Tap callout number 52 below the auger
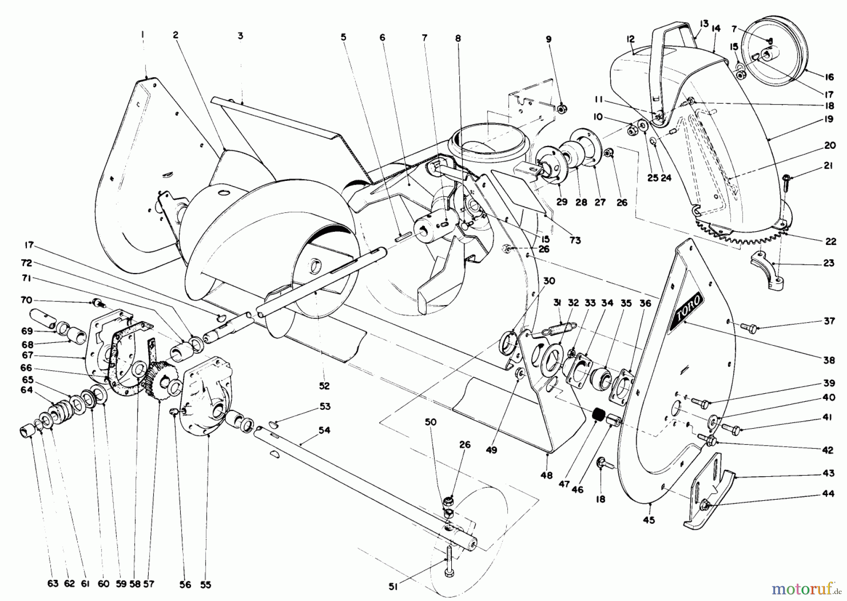click(x=324, y=386)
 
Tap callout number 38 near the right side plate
click(x=829, y=360)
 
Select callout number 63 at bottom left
click(x=53, y=584)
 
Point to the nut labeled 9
click(x=561, y=109)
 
